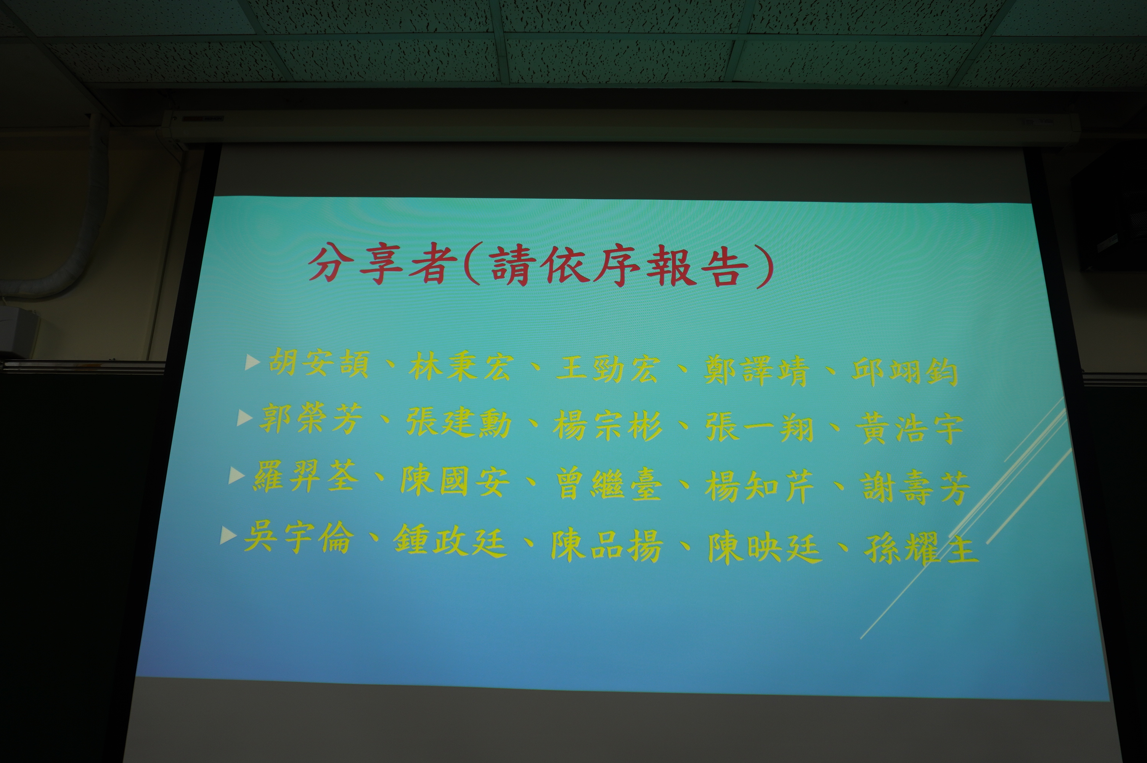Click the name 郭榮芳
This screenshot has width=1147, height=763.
point(311,419)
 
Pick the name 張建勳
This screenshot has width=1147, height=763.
point(458,422)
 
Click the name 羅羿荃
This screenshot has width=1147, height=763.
point(306,477)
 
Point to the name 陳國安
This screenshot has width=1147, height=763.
point(455,481)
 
